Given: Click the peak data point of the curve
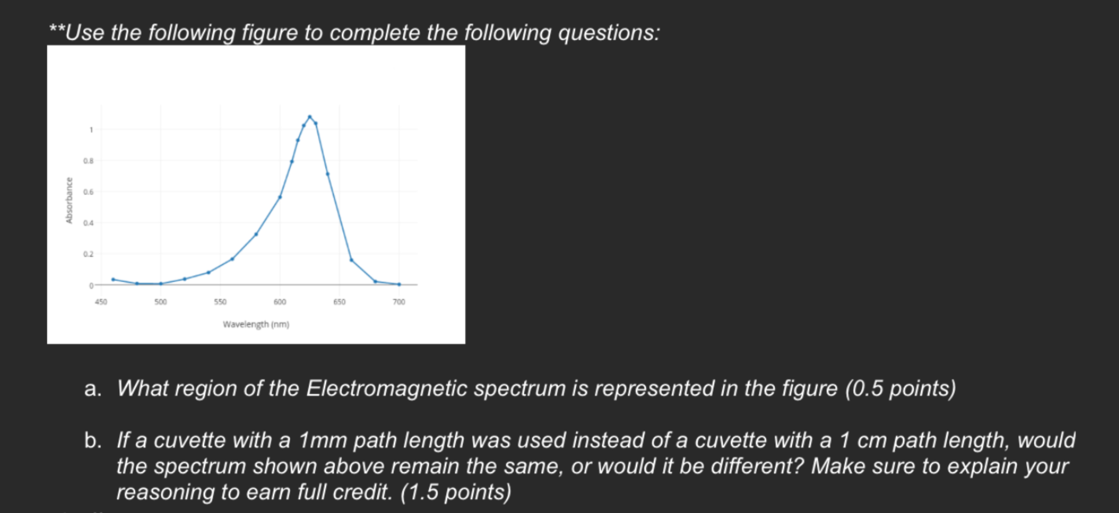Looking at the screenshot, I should click(310, 117).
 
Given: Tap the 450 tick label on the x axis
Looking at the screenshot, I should click(101, 301).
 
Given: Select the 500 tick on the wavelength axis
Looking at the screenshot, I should click(160, 301).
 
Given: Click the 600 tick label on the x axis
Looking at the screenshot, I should click(280, 301).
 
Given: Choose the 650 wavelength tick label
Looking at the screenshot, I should click(339, 301).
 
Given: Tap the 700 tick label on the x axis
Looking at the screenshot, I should click(399, 301).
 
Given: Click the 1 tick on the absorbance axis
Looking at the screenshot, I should click(91, 130).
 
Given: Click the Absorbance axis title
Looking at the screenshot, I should click(69, 201).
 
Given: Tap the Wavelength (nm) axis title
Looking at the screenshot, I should click(256, 324).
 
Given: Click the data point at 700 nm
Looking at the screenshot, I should click(399, 285).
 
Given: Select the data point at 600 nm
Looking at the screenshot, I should click(280, 197).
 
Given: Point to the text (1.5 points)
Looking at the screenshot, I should click(456, 492).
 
